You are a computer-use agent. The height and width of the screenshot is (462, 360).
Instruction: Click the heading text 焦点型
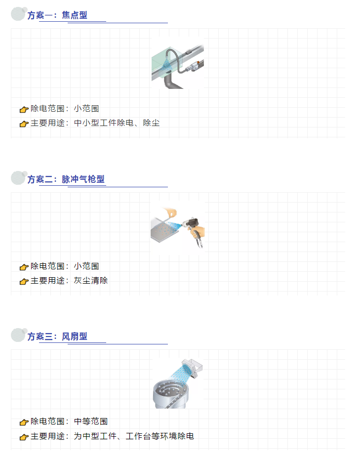(75, 15)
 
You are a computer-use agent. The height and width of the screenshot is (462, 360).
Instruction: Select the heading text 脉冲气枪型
(83, 179)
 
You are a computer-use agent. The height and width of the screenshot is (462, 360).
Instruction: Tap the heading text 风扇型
(75, 336)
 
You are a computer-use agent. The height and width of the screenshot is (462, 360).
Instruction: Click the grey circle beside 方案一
(18, 14)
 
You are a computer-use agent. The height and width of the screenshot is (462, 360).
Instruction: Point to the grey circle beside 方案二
(18, 178)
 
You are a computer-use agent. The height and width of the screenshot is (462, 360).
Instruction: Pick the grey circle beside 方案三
(18, 335)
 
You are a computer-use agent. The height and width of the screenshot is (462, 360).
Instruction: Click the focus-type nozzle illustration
(178, 63)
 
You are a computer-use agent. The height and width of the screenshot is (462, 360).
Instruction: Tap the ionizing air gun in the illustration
(194, 228)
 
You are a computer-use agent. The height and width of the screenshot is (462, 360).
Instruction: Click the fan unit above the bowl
(192, 368)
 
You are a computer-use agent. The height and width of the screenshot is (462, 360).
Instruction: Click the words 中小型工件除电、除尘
(117, 123)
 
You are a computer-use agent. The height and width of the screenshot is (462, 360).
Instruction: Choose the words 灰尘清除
(91, 281)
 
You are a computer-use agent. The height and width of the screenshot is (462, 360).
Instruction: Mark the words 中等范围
(91, 421)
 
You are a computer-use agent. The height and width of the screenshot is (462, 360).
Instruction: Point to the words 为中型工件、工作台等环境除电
(134, 436)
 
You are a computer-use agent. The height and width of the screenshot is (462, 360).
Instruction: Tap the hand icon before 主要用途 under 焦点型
(24, 124)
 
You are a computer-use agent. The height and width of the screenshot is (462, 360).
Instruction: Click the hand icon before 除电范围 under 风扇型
(24, 422)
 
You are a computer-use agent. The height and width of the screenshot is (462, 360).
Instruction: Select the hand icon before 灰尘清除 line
(24, 281)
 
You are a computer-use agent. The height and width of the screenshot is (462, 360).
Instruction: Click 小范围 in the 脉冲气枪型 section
(86, 266)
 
